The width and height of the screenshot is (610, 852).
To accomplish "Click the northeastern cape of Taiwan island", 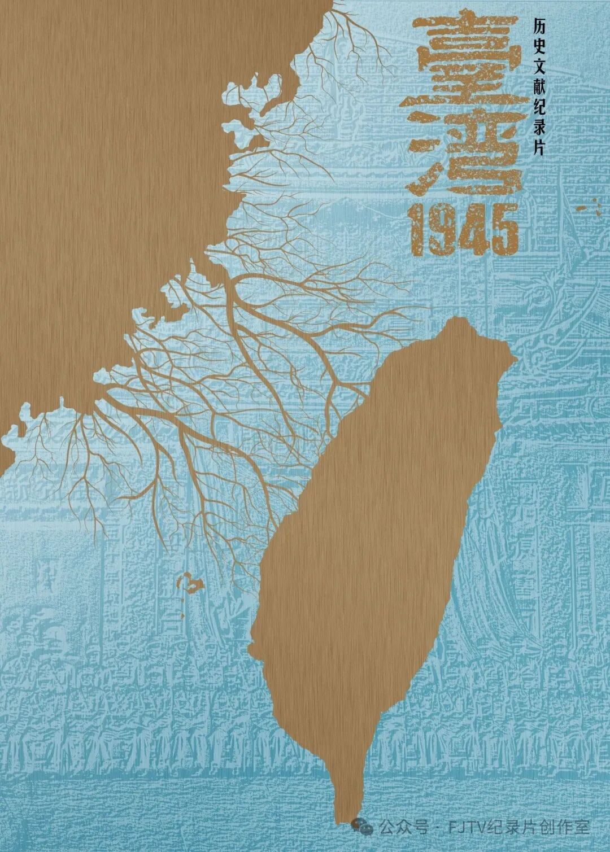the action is point(513,358).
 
